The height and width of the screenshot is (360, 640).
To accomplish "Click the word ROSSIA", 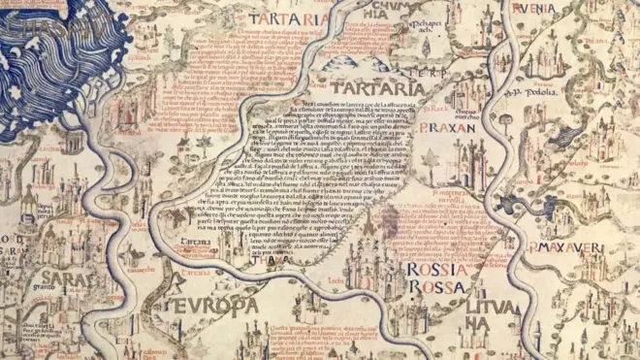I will [437, 270].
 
